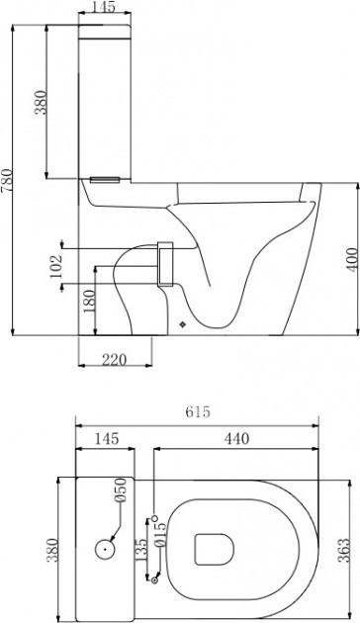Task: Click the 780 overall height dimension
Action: click(x=7, y=180)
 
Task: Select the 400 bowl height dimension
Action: click(x=351, y=259)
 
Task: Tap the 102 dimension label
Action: click(x=56, y=266)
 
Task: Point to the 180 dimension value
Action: click(x=89, y=301)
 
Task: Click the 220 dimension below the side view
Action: click(x=114, y=360)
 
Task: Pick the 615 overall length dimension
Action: click(x=198, y=411)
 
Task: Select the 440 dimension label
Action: click(x=236, y=438)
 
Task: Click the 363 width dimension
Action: click(x=343, y=550)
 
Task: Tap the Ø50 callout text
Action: click(x=121, y=490)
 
